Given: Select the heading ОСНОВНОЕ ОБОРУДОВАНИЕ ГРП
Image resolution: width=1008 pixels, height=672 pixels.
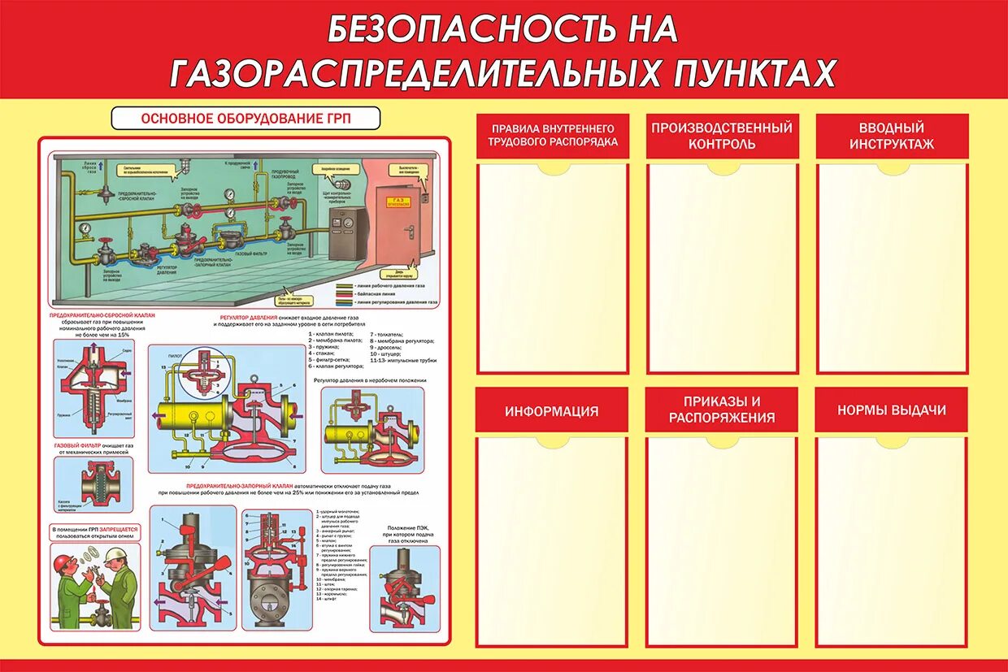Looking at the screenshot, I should pyautogui.click(x=245, y=118).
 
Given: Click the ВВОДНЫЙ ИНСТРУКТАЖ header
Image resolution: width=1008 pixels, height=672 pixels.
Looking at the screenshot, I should pyautogui.click(x=892, y=136).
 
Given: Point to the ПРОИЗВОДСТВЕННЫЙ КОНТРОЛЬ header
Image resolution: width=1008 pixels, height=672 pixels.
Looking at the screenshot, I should pyautogui.click(x=722, y=136).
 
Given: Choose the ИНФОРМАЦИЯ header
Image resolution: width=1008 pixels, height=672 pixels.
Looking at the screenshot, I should pyautogui.click(x=551, y=411).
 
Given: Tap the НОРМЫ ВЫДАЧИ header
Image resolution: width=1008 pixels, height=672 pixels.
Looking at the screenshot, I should pyautogui.click(x=892, y=410).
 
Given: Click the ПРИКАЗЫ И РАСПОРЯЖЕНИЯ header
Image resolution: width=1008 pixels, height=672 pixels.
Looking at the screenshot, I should pyautogui.click(x=722, y=410).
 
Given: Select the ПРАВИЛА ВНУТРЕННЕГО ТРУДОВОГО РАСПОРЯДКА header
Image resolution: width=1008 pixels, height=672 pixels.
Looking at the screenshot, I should pyautogui.click(x=552, y=135).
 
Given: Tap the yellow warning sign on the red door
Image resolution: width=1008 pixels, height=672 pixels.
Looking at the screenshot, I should pyautogui.click(x=398, y=200).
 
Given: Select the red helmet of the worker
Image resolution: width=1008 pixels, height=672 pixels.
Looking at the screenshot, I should pyautogui.click(x=63, y=561).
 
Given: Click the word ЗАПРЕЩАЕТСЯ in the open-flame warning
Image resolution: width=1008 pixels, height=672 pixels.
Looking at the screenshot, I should pyautogui.click(x=119, y=529).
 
